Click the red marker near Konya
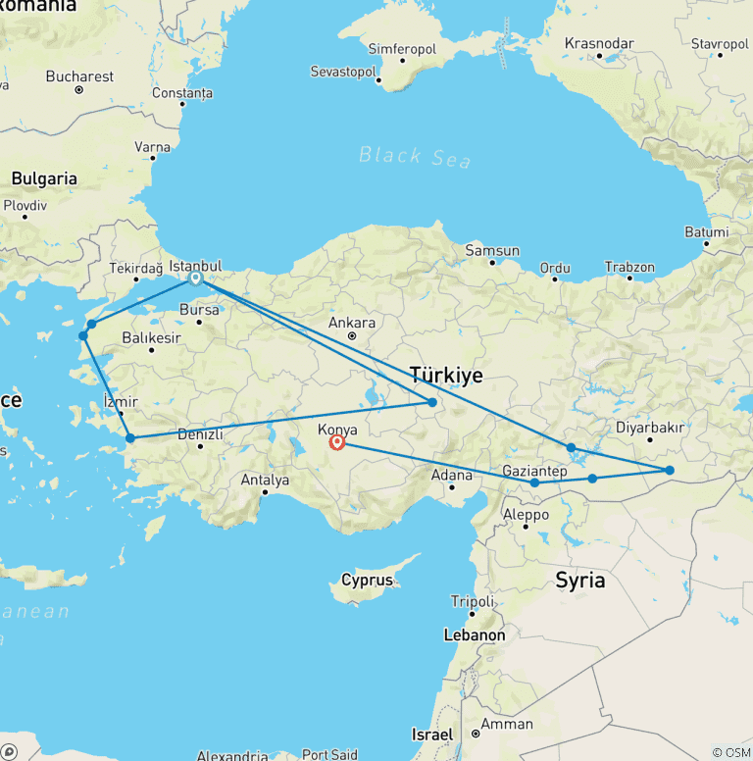337,442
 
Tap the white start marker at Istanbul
196,278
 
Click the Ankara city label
351,323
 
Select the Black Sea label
415,157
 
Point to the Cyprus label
367,580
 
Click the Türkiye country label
446,375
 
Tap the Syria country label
579,580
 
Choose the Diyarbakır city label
650,428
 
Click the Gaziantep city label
534,471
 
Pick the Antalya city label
265,481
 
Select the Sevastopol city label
342,72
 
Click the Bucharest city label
79,76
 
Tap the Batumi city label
707,232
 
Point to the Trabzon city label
629,267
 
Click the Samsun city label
492,250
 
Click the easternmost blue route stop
670,471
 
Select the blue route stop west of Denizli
129,438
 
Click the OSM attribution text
731,752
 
